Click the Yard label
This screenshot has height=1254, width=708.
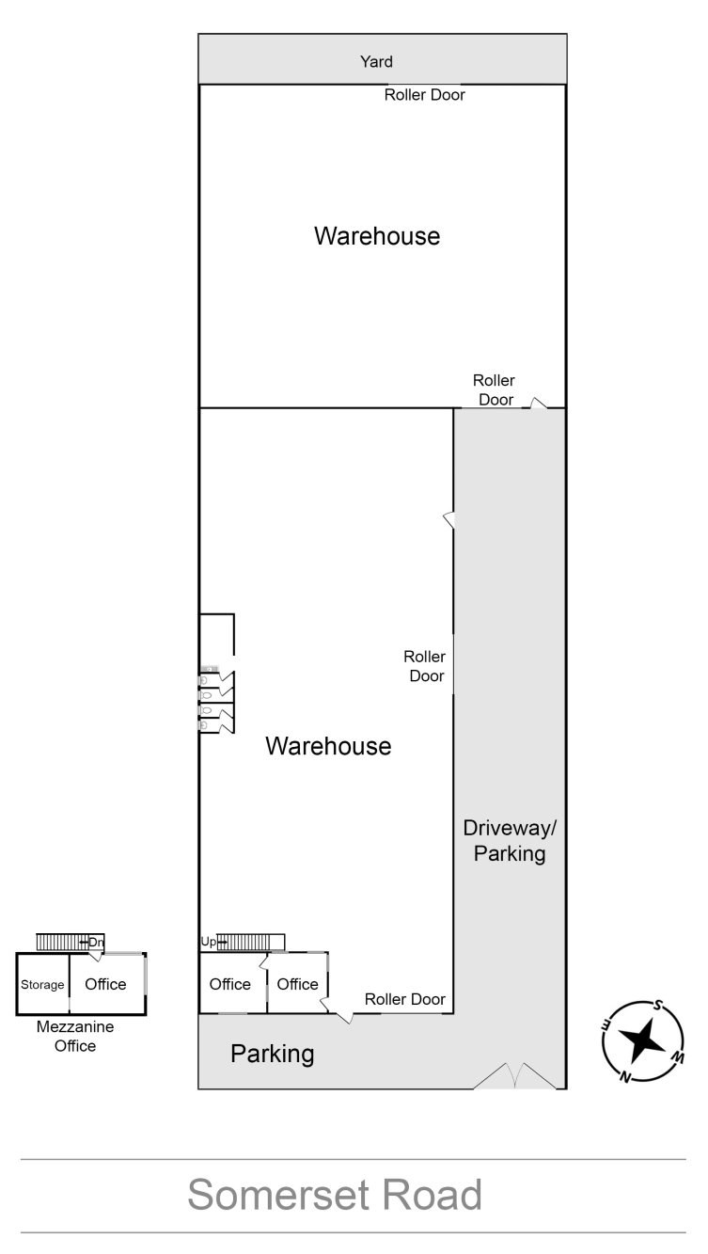[376, 61]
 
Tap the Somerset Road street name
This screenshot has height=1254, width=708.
[335, 1194]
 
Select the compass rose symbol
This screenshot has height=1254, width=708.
[643, 1041]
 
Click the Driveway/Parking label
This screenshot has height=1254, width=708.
[510, 841]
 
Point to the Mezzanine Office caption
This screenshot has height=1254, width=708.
[75, 1037]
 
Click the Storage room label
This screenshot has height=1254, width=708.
[42, 985]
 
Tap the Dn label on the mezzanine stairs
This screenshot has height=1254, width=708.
[96, 943]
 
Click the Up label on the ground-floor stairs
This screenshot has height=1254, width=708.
[208, 942]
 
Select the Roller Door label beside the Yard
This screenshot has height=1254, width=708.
[424, 95]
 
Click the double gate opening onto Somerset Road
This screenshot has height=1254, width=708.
[515, 1076]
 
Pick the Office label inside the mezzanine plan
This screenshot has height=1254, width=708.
[105, 984]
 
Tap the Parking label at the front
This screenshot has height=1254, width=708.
[272, 1055]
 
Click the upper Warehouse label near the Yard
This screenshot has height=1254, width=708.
[377, 236]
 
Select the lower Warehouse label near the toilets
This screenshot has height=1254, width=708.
[328, 746]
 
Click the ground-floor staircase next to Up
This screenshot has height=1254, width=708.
[251, 943]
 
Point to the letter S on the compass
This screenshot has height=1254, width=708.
[659, 1006]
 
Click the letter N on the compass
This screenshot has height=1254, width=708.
[625, 1076]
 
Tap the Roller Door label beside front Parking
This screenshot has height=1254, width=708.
[404, 999]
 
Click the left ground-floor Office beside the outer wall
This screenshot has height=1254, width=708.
[229, 984]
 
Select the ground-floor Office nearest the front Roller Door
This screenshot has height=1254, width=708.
[297, 984]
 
